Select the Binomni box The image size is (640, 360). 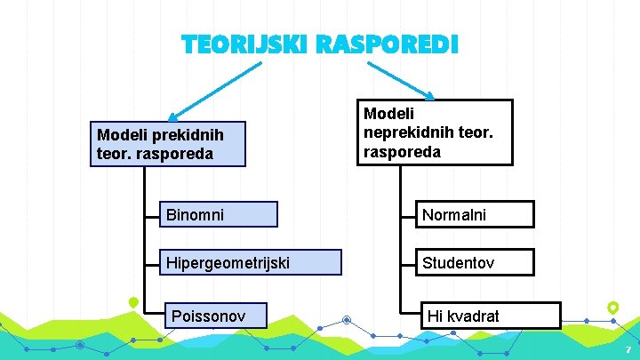click(216, 214)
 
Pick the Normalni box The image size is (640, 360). click(475, 214)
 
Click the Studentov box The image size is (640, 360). click(475, 262)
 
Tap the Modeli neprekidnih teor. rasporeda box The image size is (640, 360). click(435, 132)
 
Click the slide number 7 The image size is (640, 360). click(628, 350)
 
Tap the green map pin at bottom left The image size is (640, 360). click(133, 302)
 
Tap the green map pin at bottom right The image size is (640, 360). click(612, 308)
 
